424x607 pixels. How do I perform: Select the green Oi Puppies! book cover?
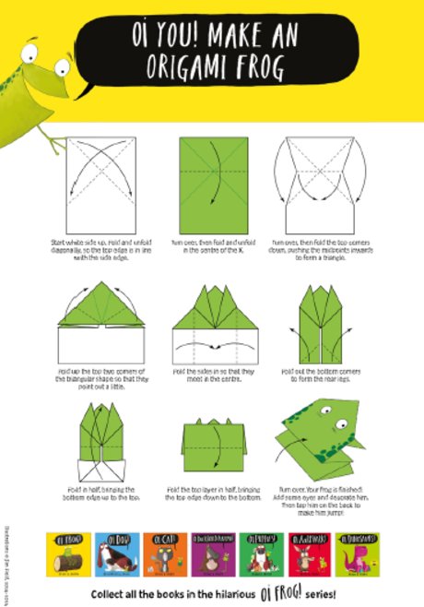[261, 553]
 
